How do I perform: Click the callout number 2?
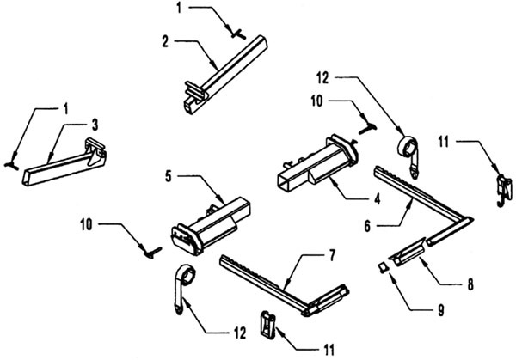165,42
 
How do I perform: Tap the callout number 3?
95,125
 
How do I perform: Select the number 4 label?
378,199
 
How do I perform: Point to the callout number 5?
169,176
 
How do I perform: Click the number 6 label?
368,226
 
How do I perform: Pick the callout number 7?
332,255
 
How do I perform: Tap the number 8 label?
471,284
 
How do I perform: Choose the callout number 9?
441,310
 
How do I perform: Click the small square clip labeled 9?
383,267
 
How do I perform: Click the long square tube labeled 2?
226,75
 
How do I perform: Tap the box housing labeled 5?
211,227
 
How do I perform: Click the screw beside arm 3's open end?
12,165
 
